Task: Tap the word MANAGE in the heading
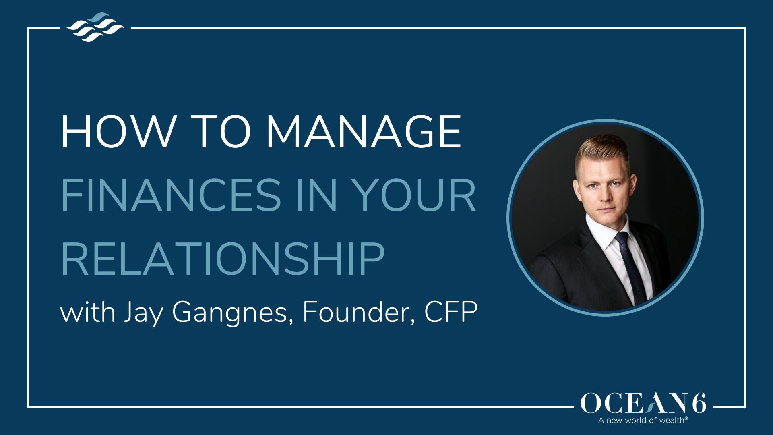pyautogui.click(x=364, y=132)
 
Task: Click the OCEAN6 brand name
pyautogui.click(x=643, y=403)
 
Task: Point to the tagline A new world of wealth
pyautogui.click(x=643, y=420)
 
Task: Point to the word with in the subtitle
pyautogui.click(x=88, y=312)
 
